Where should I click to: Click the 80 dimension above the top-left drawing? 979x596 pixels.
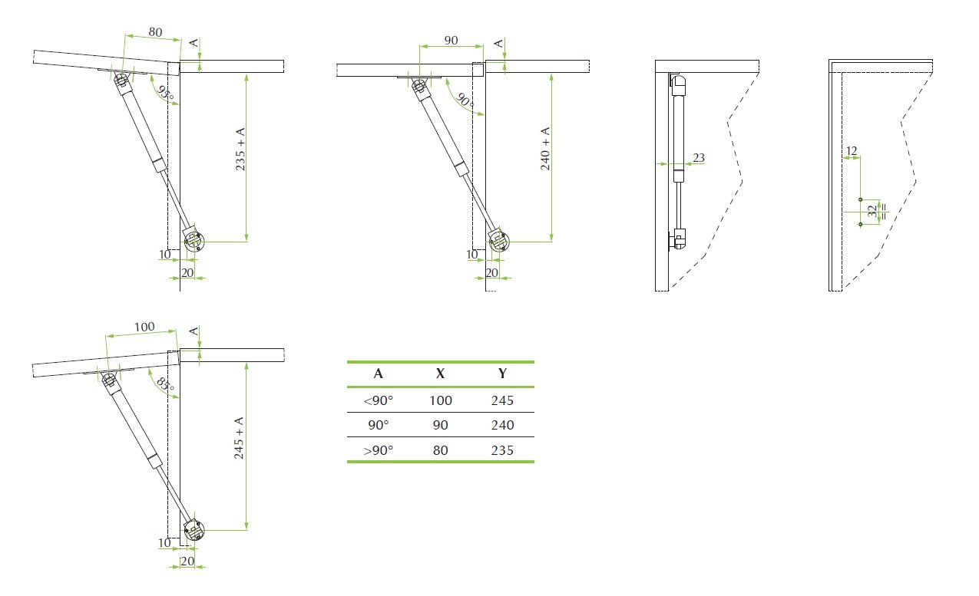click(156, 32)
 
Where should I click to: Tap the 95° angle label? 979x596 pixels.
click(166, 94)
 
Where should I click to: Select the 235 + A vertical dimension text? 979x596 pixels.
click(240, 149)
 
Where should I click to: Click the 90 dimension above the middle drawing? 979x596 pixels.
click(451, 40)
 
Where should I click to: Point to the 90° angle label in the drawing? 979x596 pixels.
click(465, 100)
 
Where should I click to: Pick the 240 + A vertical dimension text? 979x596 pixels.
click(545, 149)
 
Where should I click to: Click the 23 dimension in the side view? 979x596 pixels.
click(699, 157)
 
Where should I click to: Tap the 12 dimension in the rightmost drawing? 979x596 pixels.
click(852, 151)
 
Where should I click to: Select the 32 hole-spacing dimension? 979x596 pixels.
click(872, 212)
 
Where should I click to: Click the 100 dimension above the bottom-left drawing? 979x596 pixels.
click(144, 327)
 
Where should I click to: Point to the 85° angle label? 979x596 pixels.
click(166, 384)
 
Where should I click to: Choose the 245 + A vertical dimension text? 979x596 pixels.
click(239, 438)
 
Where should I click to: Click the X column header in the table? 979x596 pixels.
click(440, 374)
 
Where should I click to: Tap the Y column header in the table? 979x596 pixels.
click(502, 374)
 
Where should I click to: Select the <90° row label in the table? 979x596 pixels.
click(378, 400)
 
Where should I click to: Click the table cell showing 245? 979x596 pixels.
click(502, 400)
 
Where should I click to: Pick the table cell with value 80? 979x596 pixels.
click(440, 450)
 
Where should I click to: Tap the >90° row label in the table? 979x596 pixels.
click(378, 450)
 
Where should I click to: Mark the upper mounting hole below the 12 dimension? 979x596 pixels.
click(861, 199)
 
